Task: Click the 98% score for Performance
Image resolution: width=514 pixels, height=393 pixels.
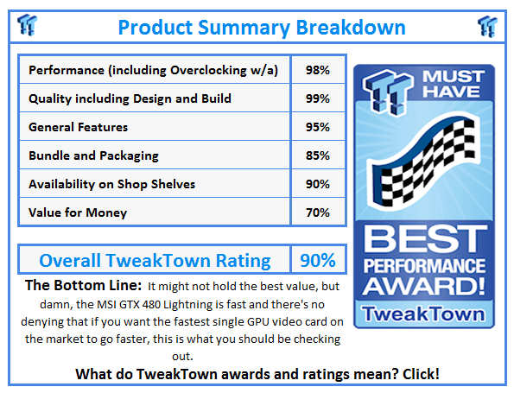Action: pos(317,70)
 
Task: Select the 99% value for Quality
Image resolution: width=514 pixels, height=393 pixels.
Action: pos(317,98)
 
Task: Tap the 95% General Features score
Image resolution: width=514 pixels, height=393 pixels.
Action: pos(317,127)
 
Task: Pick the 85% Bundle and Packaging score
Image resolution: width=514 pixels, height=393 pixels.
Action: pos(317,155)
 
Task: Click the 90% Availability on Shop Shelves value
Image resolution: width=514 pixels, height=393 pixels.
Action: pos(317,184)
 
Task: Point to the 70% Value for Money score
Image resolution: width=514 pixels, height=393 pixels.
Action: pos(317,212)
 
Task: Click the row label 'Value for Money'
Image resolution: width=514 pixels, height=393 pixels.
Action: pos(78,212)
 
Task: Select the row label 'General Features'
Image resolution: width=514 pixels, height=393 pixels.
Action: pos(78,127)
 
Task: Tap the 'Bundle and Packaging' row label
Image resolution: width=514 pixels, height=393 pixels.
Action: pos(93,155)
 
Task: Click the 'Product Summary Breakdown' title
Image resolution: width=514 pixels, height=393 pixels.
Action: pos(261,27)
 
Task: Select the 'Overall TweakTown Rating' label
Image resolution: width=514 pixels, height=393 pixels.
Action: pos(155,260)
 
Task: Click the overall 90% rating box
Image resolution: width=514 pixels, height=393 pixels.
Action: pos(317,260)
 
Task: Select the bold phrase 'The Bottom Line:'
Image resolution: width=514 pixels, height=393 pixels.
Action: pos(82,285)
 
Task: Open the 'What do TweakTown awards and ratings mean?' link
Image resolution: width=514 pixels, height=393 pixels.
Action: pos(257,374)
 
